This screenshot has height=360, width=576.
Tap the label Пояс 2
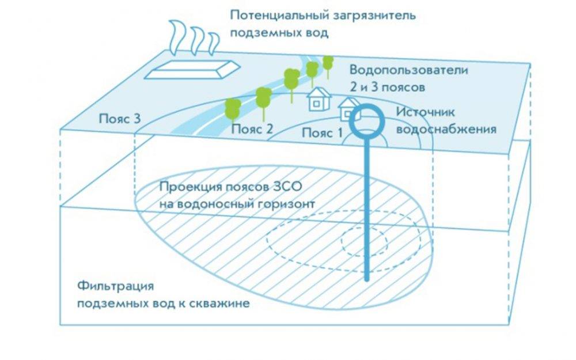pos(252,129)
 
